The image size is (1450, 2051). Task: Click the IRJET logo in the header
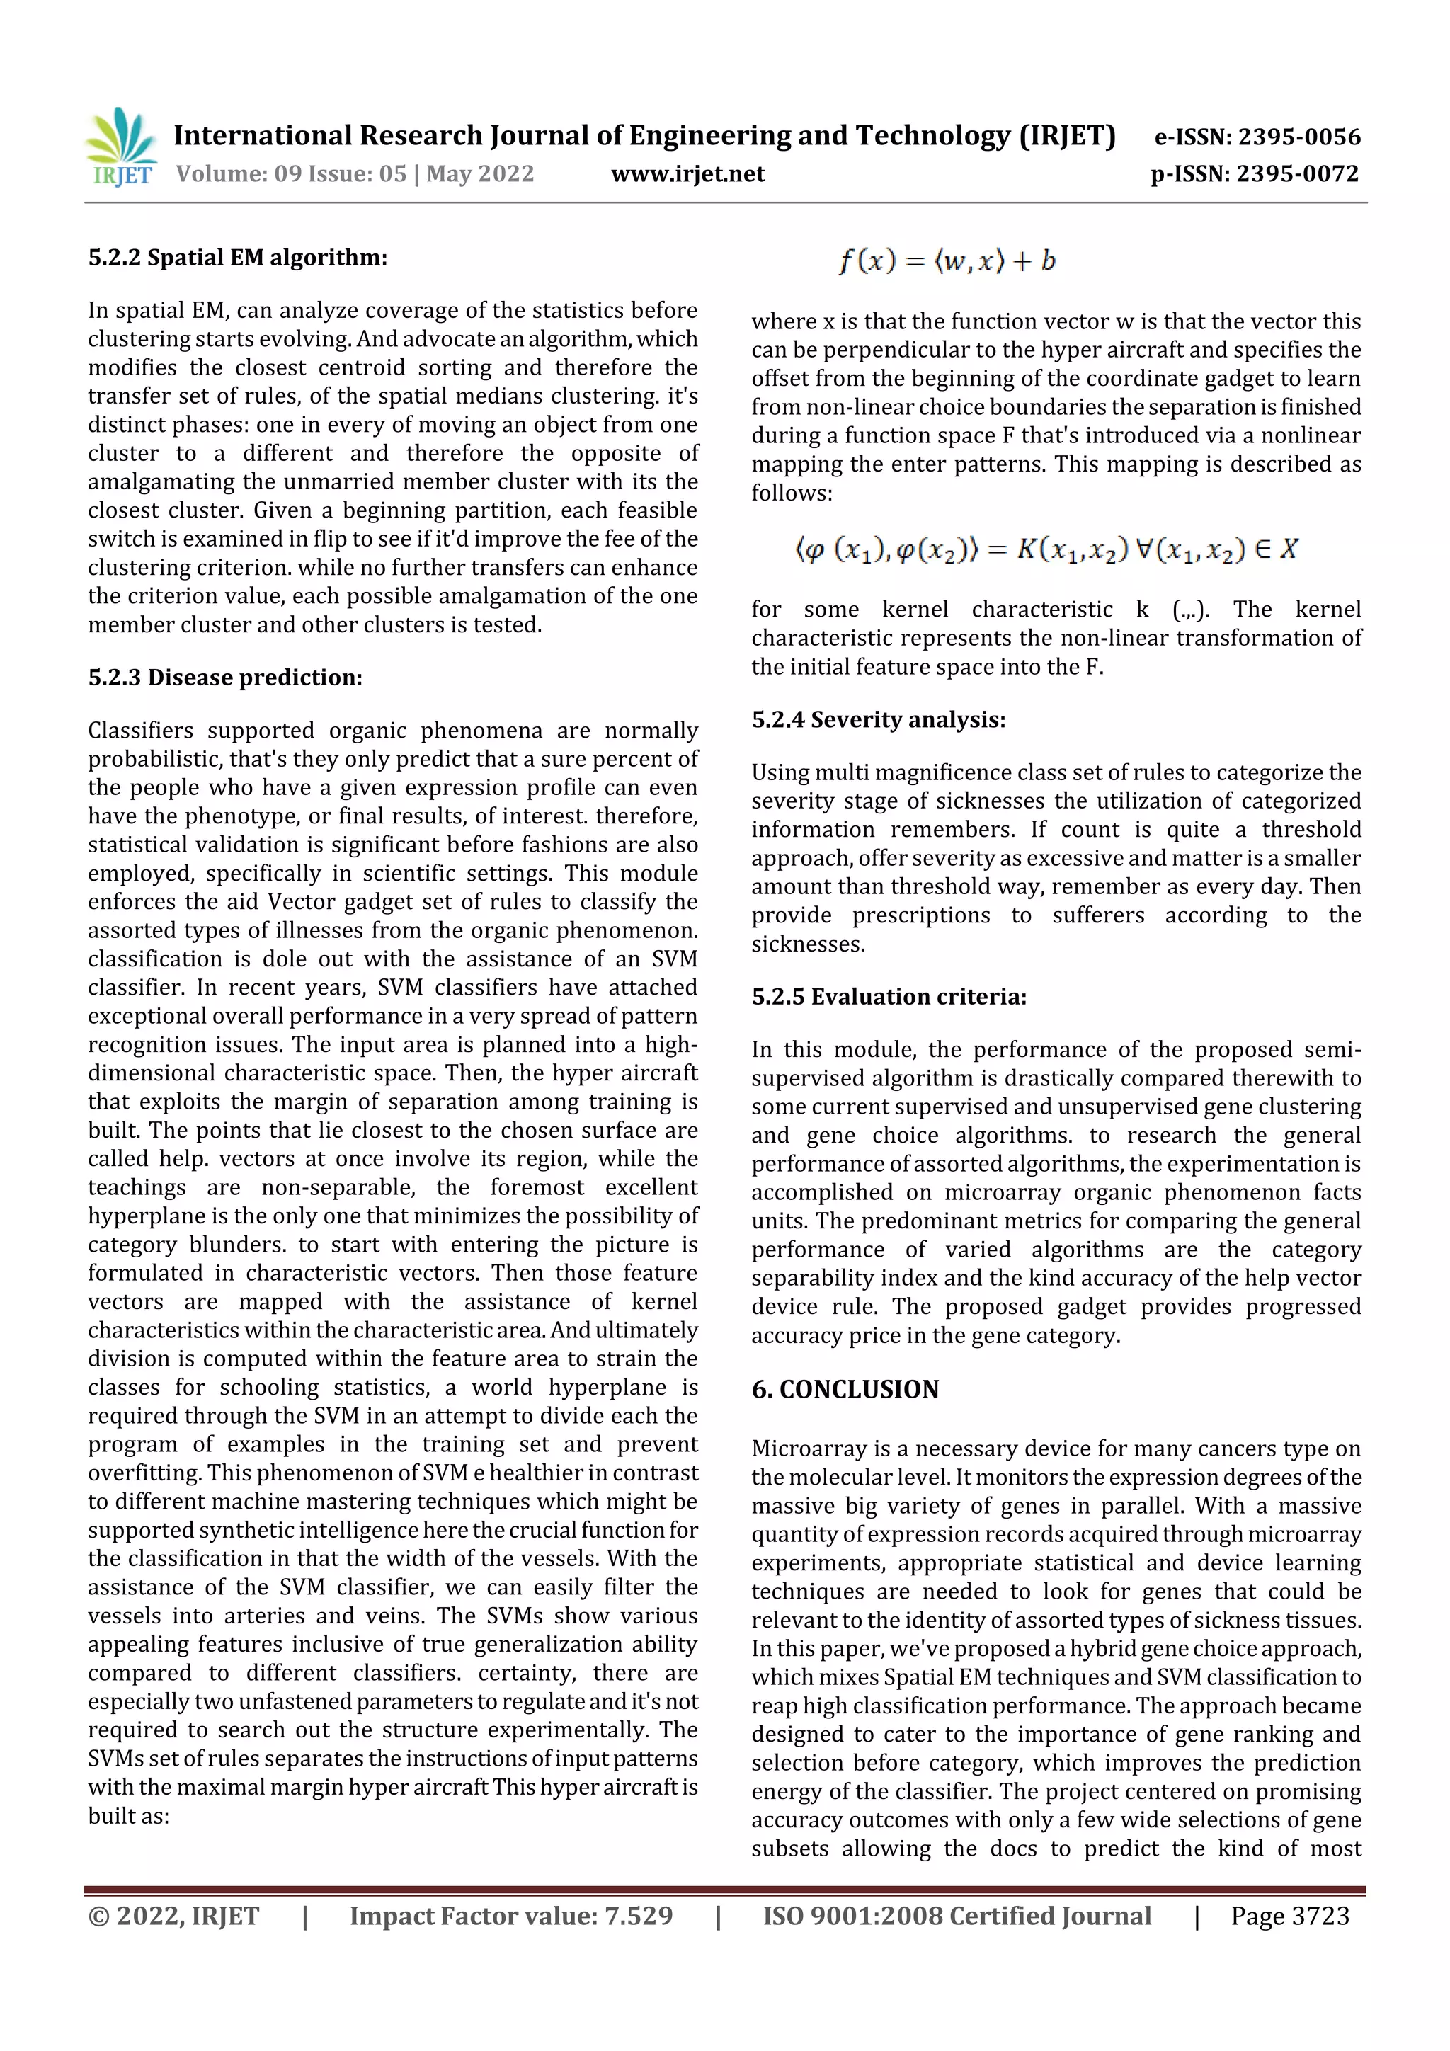tap(122, 147)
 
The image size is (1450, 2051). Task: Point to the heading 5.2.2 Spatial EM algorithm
tap(238, 258)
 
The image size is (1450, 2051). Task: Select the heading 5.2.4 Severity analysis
tap(878, 720)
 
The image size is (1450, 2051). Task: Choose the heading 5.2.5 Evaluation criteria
tap(889, 997)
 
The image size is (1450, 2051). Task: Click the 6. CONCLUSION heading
tap(845, 1390)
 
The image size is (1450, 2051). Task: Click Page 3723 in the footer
tap(1289, 1916)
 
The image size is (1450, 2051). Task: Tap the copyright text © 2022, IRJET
tap(174, 1916)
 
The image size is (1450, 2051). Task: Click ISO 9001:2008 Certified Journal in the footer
tap(957, 1916)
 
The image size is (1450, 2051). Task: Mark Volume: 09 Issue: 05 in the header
tap(291, 174)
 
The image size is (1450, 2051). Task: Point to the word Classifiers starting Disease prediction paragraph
tap(140, 731)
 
